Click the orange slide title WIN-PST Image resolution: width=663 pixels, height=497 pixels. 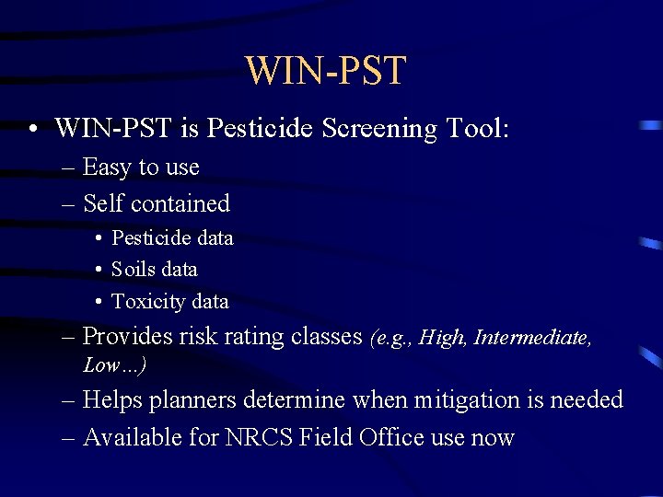point(325,71)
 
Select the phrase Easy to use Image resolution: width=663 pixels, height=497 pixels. point(141,168)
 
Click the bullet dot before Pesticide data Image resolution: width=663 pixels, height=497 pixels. point(98,238)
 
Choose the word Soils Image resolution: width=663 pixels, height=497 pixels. point(134,270)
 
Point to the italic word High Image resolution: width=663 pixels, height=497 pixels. point(442,339)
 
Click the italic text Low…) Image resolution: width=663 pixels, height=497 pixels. point(115,364)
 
